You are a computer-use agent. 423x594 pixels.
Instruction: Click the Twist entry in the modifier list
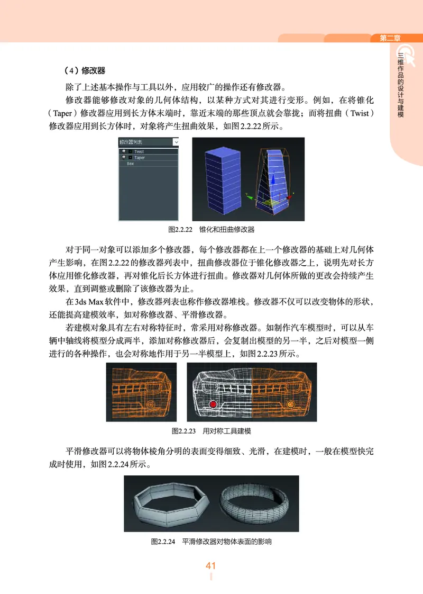139,151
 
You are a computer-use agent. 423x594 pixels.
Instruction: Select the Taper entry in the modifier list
139,157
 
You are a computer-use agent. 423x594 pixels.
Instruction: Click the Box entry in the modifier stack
131,164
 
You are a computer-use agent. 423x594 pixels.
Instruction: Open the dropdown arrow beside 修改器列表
176,142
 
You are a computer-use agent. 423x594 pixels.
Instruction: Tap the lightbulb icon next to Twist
123,151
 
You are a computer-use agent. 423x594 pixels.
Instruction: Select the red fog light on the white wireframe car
213,404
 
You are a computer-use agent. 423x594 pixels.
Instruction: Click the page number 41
211,566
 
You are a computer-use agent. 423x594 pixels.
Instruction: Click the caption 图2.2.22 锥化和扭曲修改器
211,230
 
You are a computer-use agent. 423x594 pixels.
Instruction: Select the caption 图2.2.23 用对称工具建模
211,431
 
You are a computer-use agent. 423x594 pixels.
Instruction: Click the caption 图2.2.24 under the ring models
211,542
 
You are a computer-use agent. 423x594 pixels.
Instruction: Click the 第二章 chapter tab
390,38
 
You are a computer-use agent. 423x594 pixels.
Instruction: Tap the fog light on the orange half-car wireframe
150,404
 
